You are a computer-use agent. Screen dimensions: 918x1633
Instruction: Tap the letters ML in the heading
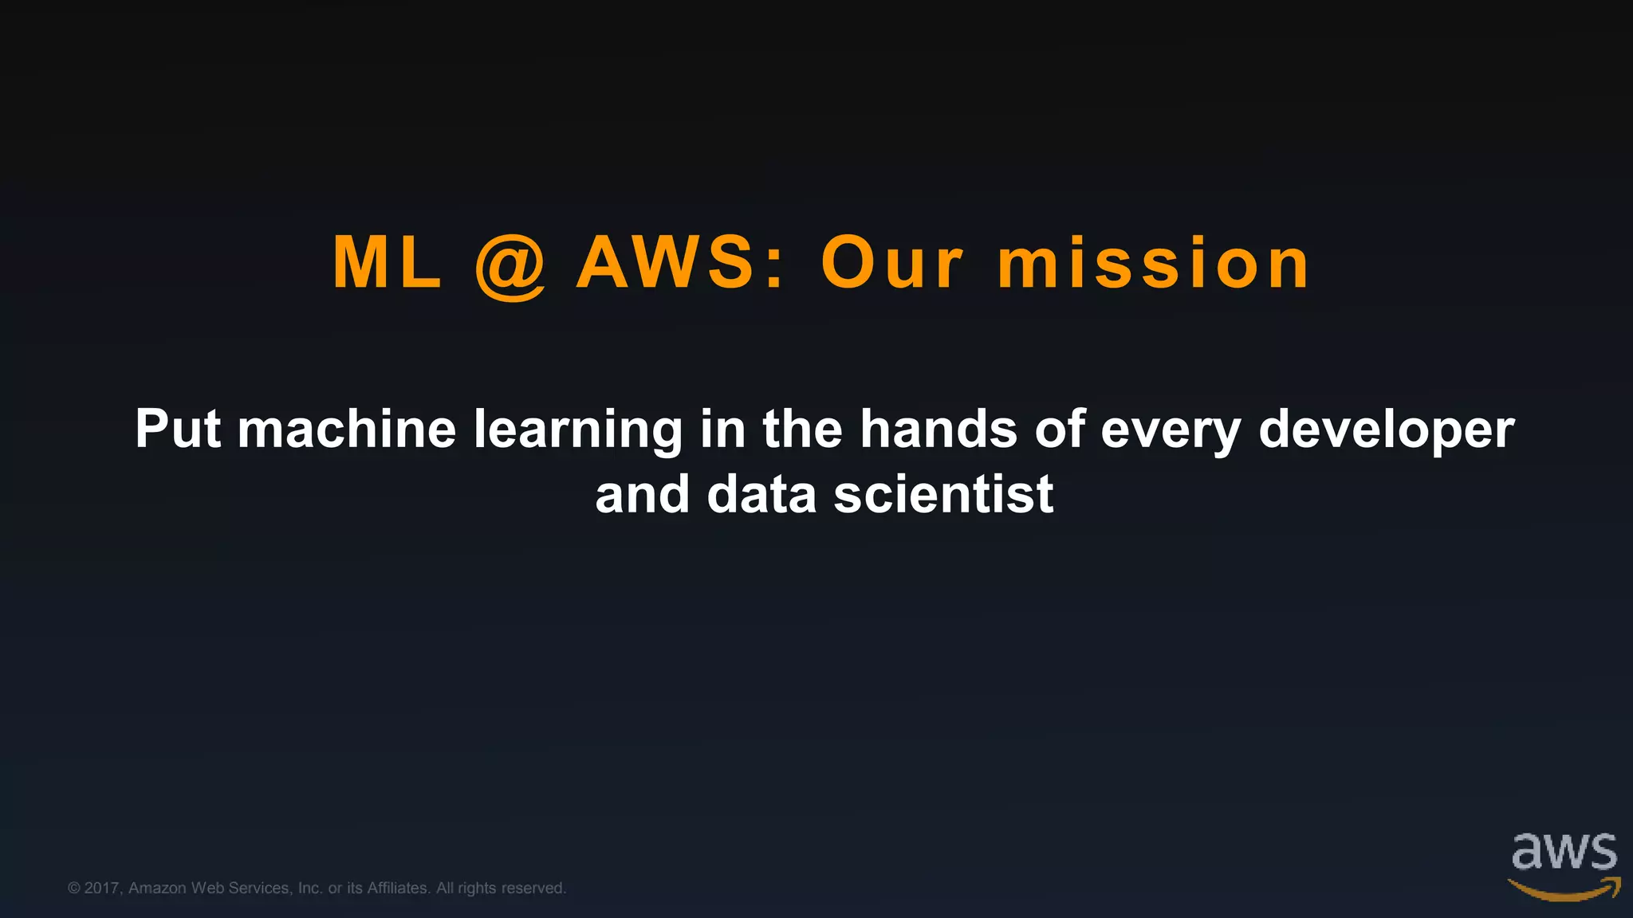click(x=388, y=262)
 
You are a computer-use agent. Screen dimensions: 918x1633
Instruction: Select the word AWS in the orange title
click(x=666, y=262)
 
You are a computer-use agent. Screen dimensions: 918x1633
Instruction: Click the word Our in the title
click(x=892, y=263)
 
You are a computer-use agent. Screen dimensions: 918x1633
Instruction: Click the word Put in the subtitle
click(x=178, y=430)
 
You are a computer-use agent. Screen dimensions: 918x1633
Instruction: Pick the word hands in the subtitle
click(x=938, y=430)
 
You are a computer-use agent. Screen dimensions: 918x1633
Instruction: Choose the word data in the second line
click(x=761, y=495)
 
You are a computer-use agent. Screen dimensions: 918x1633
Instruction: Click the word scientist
click(x=943, y=495)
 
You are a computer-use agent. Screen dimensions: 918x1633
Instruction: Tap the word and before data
click(x=642, y=495)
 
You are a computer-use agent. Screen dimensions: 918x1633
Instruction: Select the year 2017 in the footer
click(x=102, y=888)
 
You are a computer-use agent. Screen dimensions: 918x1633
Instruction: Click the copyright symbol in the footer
click(x=74, y=888)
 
